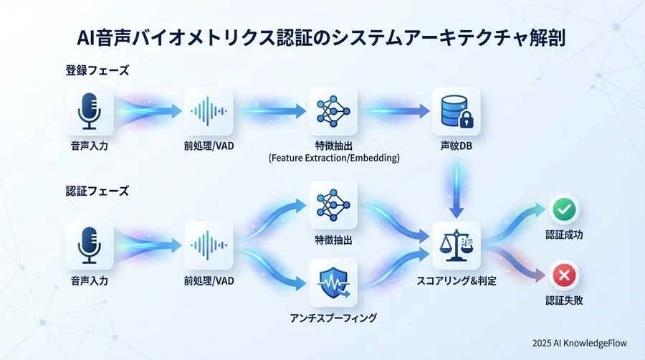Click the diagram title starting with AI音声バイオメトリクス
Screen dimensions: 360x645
[x=322, y=38]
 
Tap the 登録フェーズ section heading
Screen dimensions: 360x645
[x=96, y=72]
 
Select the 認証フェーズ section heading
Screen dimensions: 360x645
[x=96, y=191]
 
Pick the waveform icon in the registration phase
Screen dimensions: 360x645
[x=210, y=112]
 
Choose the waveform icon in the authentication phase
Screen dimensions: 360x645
[x=210, y=245]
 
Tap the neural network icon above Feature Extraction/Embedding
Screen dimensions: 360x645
[x=333, y=112]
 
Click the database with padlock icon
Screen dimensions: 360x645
[x=456, y=112]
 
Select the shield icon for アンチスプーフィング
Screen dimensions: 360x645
[x=333, y=283]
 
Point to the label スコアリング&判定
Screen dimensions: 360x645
[x=456, y=281]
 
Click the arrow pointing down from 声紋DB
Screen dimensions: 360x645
[x=456, y=188]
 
